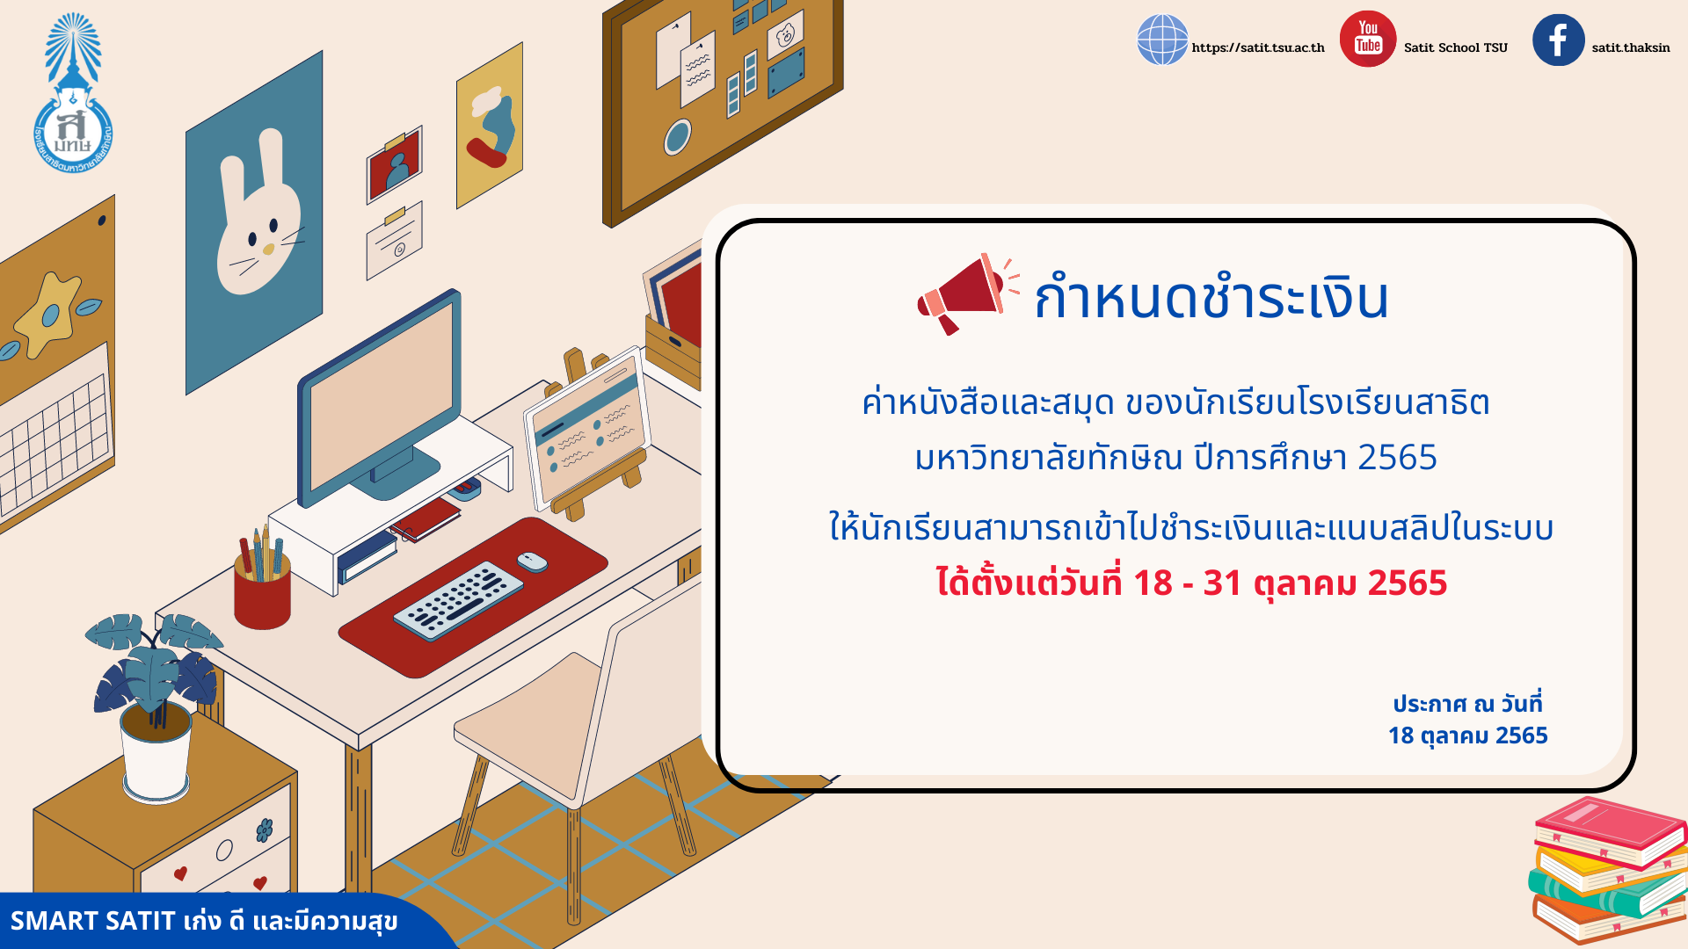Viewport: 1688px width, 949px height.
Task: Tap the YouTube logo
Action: pos(1367,39)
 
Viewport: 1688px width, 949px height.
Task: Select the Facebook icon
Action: pos(1558,40)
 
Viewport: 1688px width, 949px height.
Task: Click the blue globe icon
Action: pos(1162,40)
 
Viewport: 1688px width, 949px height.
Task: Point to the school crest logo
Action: pos(73,92)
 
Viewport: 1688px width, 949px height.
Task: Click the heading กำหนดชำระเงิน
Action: pos(1211,298)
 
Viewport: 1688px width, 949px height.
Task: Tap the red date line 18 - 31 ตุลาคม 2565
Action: pos(1191,583)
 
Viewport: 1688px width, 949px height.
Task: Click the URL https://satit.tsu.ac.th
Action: pos(1257,47)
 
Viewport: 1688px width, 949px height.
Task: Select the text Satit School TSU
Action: pos(1455,47)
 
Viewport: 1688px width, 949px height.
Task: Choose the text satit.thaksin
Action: pos(1630,47)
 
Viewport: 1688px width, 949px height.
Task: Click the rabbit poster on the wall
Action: pos(254,222)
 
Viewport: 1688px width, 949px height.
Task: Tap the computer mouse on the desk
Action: pos(532,561)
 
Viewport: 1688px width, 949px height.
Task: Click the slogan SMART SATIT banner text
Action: pos(204,921)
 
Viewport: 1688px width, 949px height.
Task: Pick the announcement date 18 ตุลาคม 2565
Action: pos(1467,735)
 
